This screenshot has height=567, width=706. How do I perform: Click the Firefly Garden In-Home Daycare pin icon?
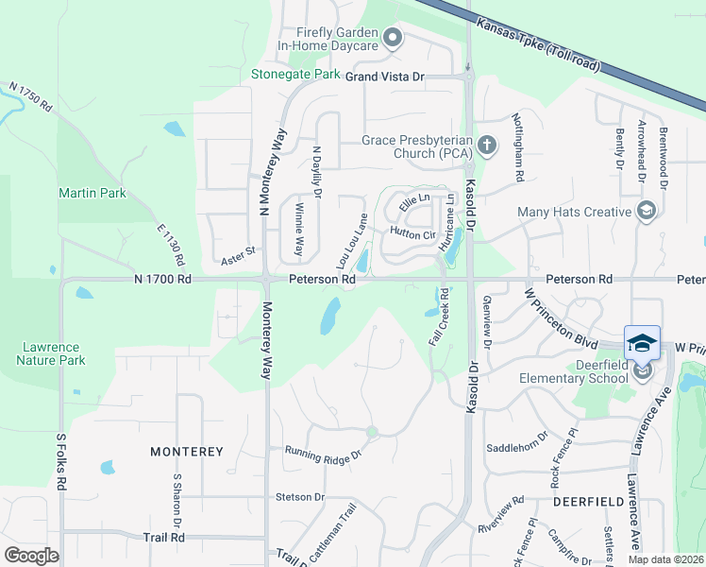[x=394, y=39]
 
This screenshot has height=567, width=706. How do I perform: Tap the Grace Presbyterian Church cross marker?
[x=487, y=145]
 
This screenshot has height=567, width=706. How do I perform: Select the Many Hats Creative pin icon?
[x=647, y=210]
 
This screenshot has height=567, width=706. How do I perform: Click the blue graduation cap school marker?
[x=642, y=342]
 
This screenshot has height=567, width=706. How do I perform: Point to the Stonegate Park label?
[x=295, y=74]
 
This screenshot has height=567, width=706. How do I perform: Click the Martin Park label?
[x=92, y=193]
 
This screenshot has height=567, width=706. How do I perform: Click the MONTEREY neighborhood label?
[x=187, y=452]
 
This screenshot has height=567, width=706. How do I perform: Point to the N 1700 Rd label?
[x=162, y=280]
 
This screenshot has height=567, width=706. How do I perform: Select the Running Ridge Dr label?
[x=324, y=454]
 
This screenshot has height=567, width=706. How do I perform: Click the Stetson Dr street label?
[x=300, y=496]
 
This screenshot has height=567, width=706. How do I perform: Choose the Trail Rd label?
[x=164, y=537]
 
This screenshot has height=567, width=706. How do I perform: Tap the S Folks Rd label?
[x=61, y=461]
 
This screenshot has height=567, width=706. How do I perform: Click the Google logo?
[x=31, y=555]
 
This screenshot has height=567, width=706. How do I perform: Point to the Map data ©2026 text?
[x=665, y=559]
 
